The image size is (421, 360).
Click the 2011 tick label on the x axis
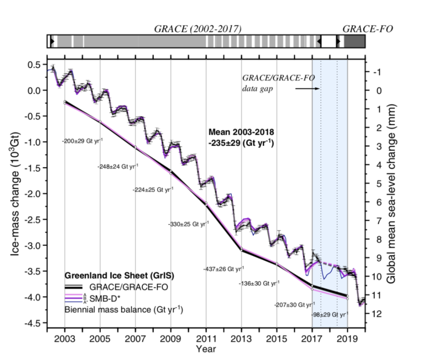coord(206,339)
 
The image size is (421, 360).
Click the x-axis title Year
coord(206,349)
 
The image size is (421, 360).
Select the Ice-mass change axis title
coord(15,193)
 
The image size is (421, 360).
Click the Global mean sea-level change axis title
coord(391,194)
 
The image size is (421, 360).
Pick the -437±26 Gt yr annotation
coord(224,269)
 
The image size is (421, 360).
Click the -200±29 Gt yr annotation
coord(83,141)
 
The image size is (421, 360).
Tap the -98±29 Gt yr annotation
coord(330,315)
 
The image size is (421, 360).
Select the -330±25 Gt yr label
coord(189,224)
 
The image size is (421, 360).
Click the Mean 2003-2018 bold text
coord(241,132)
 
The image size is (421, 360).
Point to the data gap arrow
coord(307,88)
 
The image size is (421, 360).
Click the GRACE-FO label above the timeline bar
coord(368,29)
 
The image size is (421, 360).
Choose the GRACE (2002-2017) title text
coord(197,29)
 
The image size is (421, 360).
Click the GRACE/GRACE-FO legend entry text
coord(128,287)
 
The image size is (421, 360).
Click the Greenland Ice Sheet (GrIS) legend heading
coord(119,275)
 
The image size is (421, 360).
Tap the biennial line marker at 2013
coord(241,249)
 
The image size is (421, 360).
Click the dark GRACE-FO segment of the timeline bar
coord(354,42)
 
